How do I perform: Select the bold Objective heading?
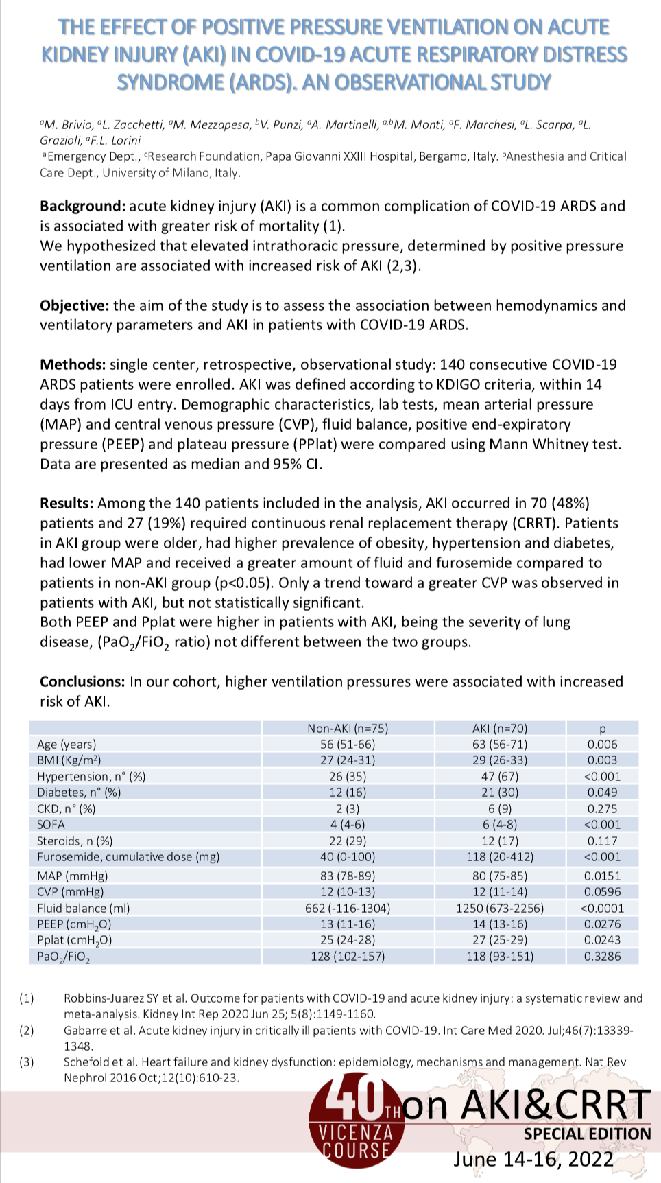(x=74, y=305)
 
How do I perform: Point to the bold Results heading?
(x=67, y=503)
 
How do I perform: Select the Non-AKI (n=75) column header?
(x=348, y=728)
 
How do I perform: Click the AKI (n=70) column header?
(x=500, y=728)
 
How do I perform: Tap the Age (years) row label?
(x=67, y=744)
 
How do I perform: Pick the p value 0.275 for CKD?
(x=602, y=808)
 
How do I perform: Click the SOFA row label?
(x=51, y=824)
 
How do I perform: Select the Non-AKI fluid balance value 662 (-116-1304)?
(x=348, y=908)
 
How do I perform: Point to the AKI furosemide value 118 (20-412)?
(x=500, y=856)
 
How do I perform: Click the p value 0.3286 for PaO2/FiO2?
(x=602, y=956)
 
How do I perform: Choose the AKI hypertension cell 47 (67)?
(x=500, y=776)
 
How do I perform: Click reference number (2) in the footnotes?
(x=27, y=1030)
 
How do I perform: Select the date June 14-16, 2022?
(x=533, y=1159)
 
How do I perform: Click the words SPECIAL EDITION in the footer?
(x=587, y=1134)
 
